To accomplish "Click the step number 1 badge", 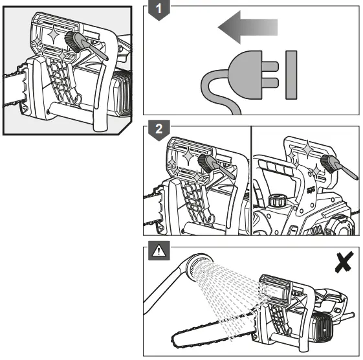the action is click(159, 9).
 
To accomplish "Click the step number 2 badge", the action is click(159, 129).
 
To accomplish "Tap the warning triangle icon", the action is click(159, 251).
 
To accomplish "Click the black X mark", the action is click(344, 262).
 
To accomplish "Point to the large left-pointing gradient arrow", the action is click(248, 27).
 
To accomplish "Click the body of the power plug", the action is click(245, 75).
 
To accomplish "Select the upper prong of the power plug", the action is click(270, 67).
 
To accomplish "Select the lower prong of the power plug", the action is click(270, 83).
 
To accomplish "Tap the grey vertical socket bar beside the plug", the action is click(291, 75).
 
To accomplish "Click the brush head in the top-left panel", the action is click(73, 41).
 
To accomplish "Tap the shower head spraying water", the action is click(199, 266).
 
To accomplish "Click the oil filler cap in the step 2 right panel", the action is click(278, 200).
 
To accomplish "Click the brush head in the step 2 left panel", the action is click(205, 164).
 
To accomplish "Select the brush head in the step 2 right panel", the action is click(328, 164).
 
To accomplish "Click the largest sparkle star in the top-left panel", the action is click(53, 35).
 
